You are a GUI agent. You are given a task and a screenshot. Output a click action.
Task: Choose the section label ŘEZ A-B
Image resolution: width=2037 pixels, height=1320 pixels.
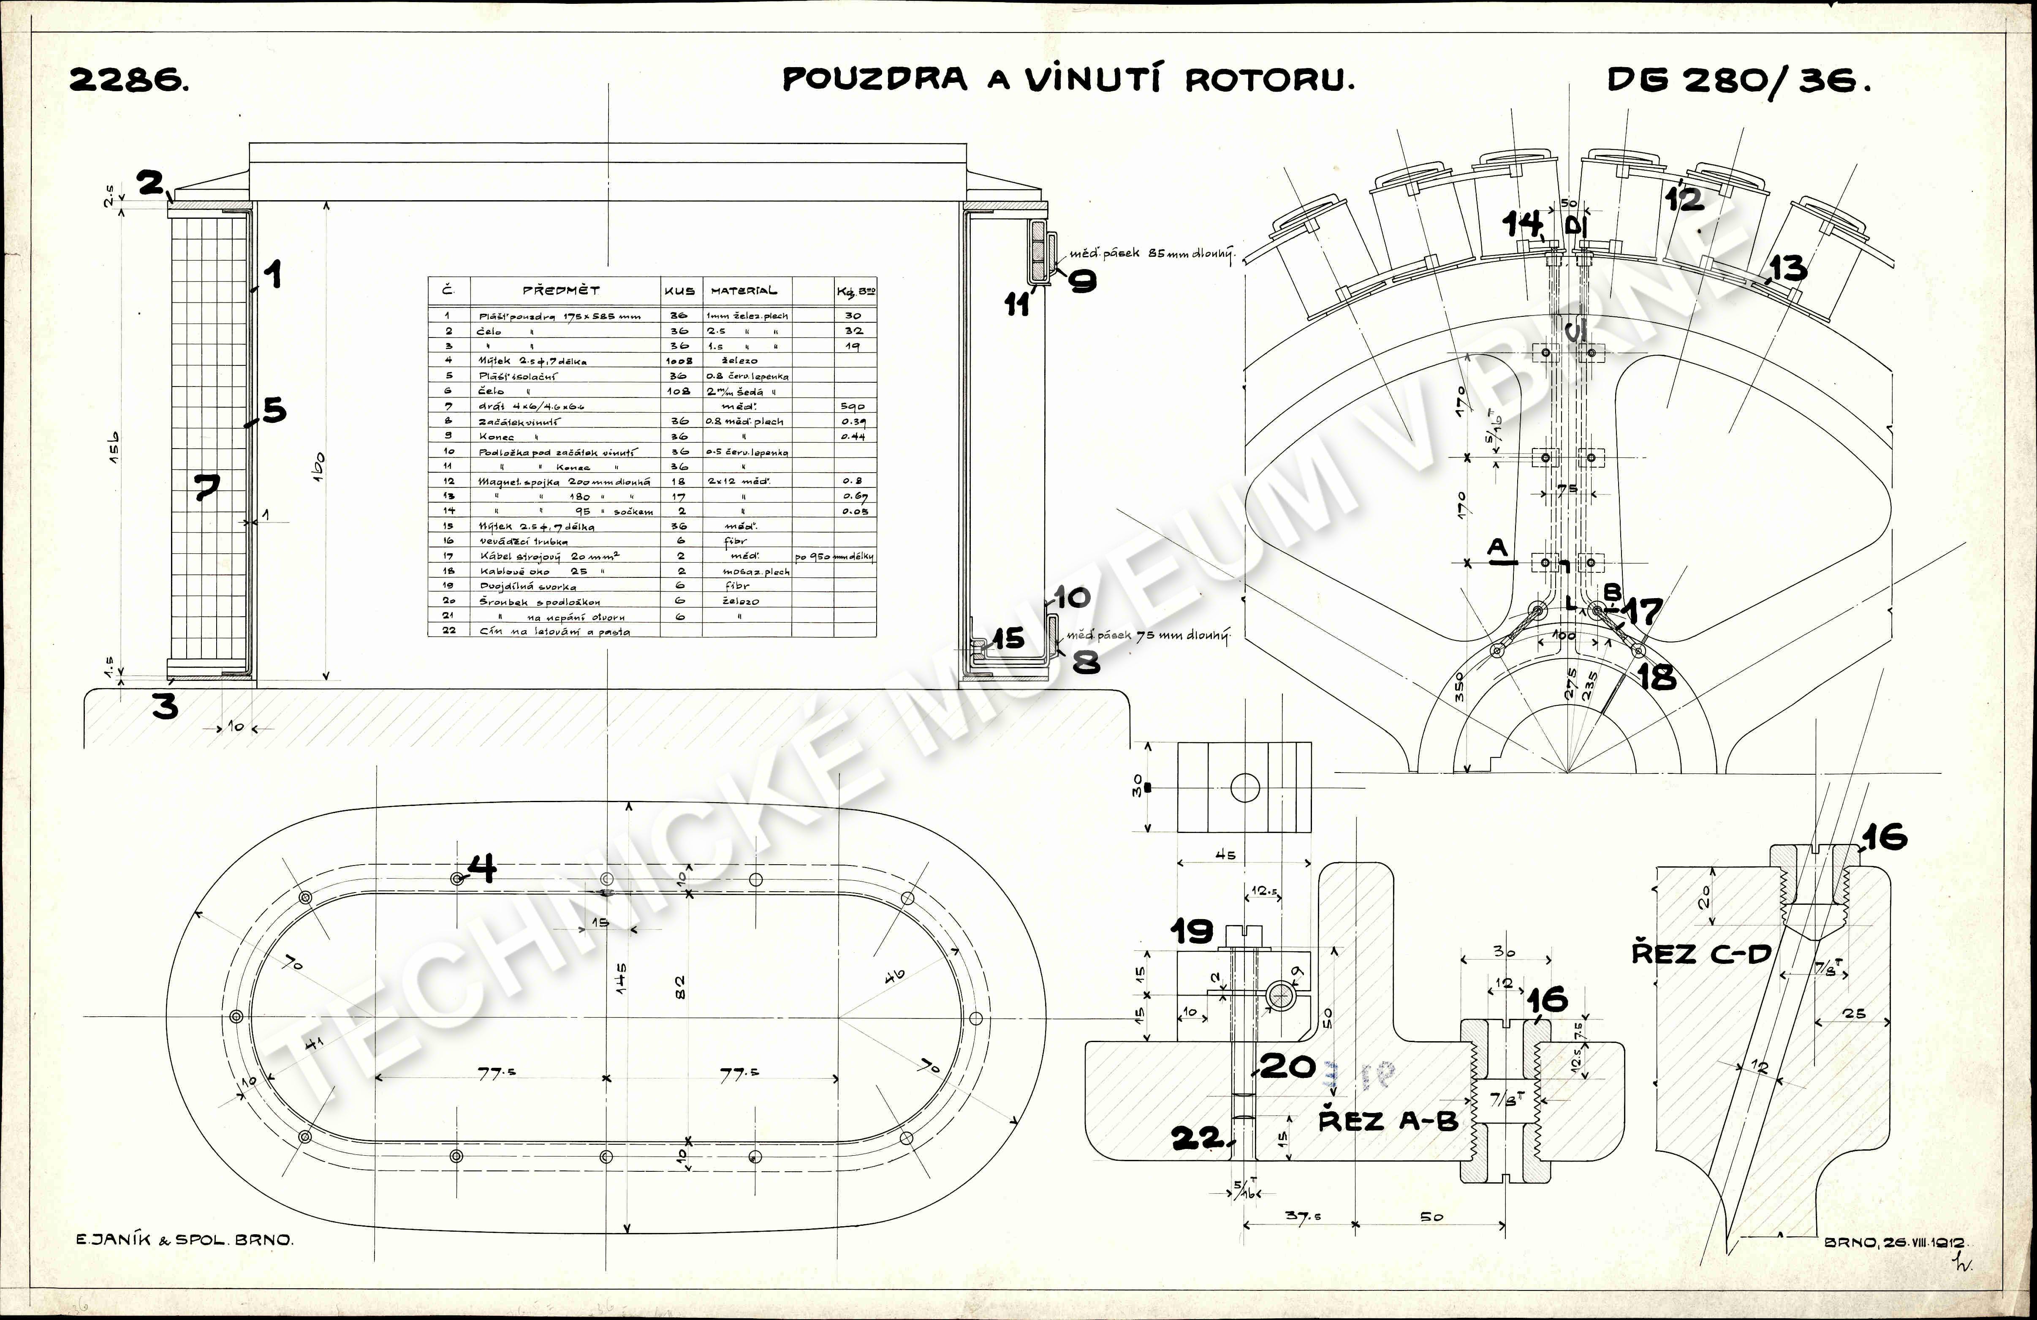pos(1388,1121)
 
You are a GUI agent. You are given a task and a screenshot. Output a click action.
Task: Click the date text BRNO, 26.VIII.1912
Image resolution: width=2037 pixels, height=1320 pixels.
pos(1896,1242)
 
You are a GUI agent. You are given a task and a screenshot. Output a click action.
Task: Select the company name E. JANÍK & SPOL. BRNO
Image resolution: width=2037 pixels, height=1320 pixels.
pos(184,1240)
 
